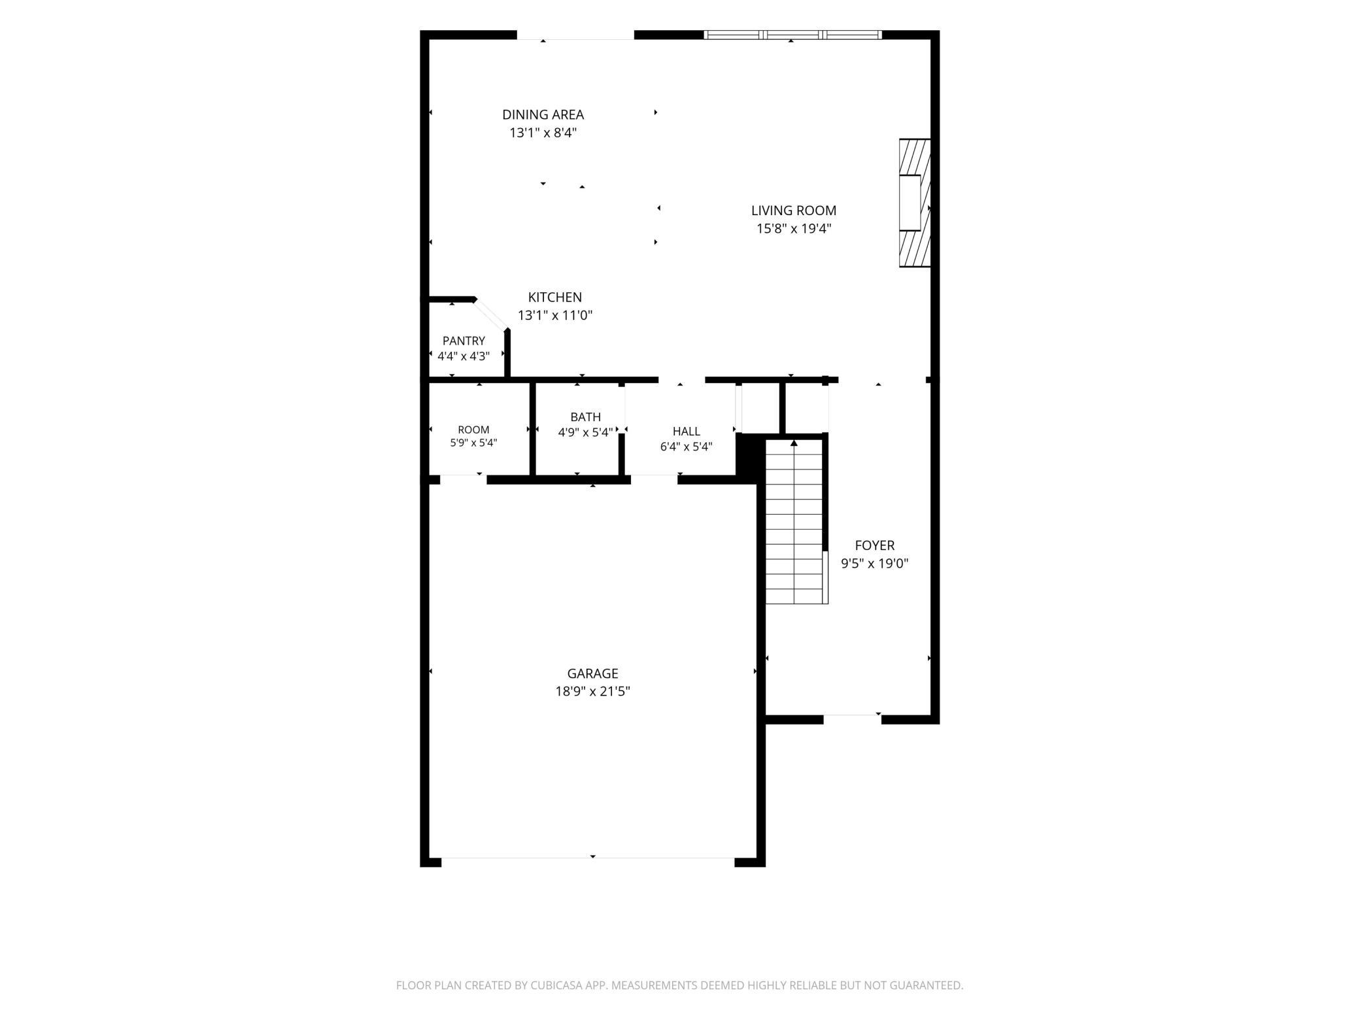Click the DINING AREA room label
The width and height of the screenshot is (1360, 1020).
coord(543,114)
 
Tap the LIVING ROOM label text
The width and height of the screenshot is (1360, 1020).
coord(793,211)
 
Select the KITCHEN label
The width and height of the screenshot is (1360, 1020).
coord(554,297)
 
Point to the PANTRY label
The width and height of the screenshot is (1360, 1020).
coord(464,341)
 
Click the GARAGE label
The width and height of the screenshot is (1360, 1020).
coord(592,673)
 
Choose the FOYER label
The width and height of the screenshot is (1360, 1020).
coord(874,545)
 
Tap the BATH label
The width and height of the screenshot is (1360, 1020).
coord(585,416)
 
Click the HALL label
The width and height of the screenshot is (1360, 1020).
coord(686,431)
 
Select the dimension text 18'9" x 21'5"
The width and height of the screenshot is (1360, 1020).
coord(592,691)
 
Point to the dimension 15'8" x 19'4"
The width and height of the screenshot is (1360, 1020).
coord(793,229)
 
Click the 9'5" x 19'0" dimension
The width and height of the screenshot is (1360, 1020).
coord(874,564)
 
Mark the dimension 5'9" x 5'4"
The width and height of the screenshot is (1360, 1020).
coord(473,443)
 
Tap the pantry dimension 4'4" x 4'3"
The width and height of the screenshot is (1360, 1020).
coord(464,356)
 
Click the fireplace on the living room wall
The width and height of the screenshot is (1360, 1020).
coord(915,203)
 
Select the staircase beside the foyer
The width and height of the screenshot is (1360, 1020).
coord(794,522)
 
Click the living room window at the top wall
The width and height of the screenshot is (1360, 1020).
coord(792,35)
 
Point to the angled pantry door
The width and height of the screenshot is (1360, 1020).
coord(490,314)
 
